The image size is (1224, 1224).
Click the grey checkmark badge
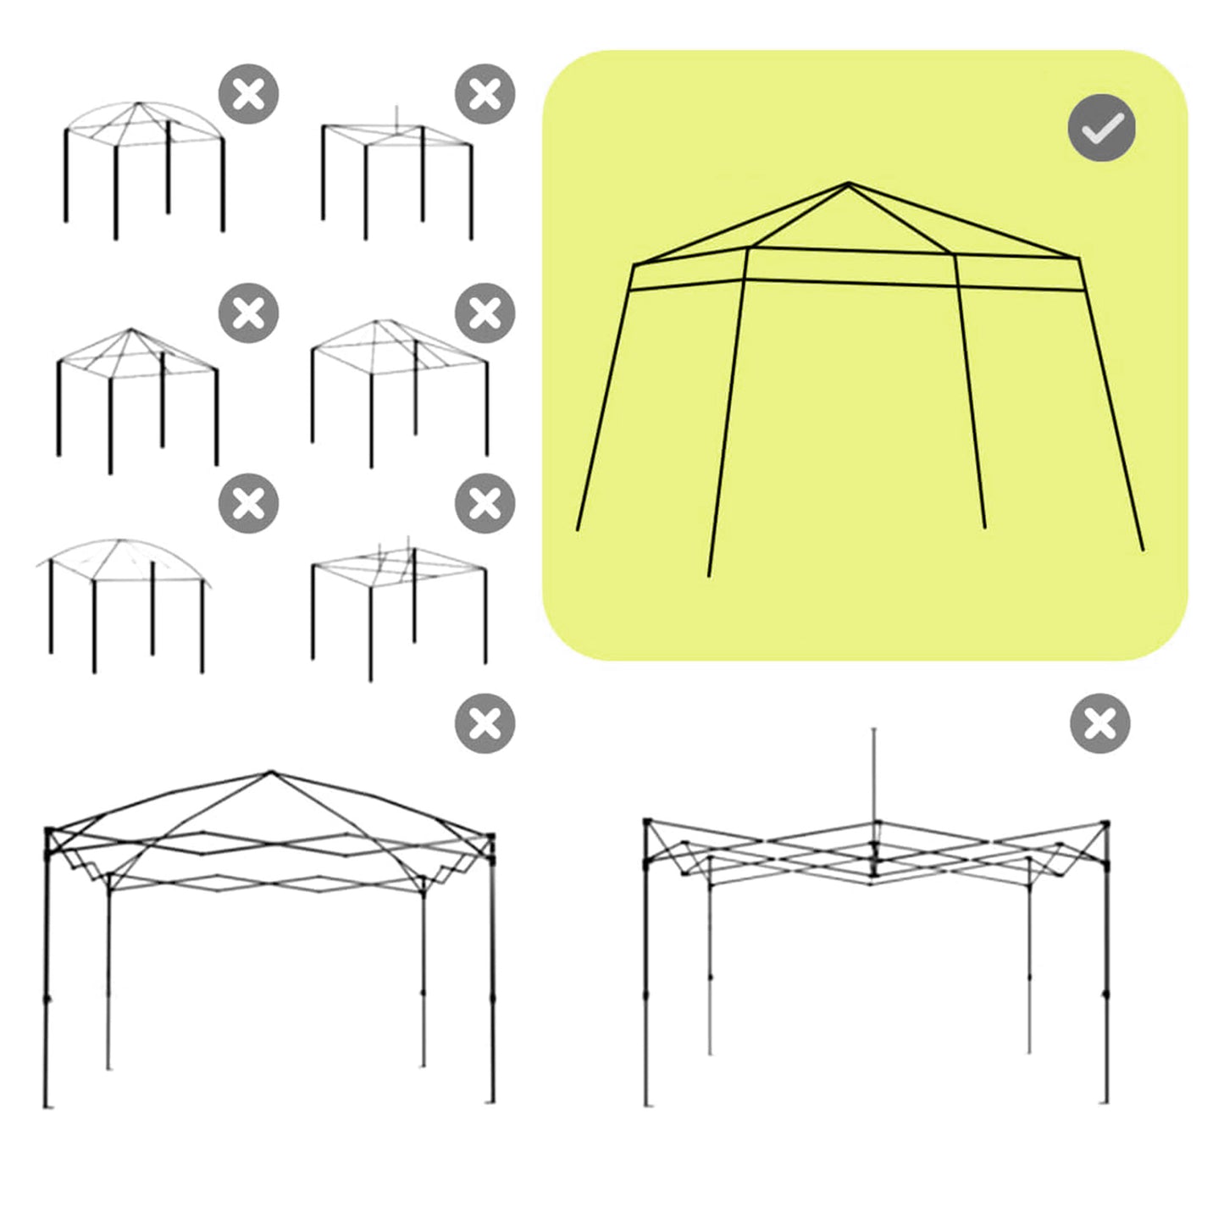tap(1101, 128)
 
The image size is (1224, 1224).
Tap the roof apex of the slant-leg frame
tap(849, 183)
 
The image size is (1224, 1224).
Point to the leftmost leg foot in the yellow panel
tap(578, 530)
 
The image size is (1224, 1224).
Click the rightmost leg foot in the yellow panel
tap(1143, 550)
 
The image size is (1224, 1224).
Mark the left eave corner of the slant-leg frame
tap(634, 266)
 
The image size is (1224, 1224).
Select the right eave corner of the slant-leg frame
tap(1078, 258)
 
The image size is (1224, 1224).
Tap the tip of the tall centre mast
tap(874, 729)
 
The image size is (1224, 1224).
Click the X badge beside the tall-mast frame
tap(1099, 723)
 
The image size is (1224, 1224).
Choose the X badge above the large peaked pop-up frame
tap(485, 723)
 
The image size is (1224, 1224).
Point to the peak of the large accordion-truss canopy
tap(271, 772)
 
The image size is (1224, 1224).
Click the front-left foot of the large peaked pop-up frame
tap(47, 1105)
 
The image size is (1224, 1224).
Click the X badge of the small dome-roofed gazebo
tap(248, 93)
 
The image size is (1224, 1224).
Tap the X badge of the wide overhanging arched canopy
tap(248, 503)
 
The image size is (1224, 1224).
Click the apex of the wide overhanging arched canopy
tap(119, 540)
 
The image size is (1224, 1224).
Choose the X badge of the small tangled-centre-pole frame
tap(485, 503)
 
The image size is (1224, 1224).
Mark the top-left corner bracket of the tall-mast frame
tap(648, 822)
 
